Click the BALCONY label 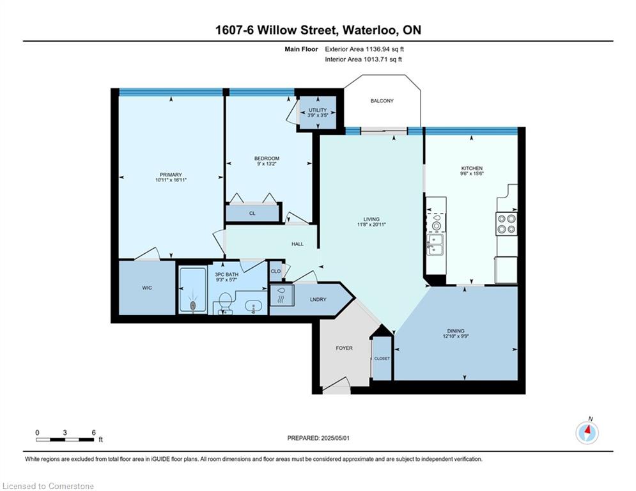coord(382,100)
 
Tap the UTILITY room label coord(317,110)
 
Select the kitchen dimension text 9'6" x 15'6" coord(472,173)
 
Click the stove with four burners coord(506,224)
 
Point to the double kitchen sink coord(435,245)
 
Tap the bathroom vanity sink coord(254,307)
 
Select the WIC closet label coord(147,288)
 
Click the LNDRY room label coord(318,299)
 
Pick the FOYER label coord(344,348)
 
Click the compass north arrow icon coord(587,433)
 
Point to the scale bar coord(65,439)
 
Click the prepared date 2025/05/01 coord(335,438)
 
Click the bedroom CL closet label coord(252,213)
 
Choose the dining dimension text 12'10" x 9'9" coord(456,336)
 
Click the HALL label coord(297,244)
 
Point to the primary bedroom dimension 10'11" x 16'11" coord(171,180)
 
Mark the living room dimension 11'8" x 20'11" coord(371,224)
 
